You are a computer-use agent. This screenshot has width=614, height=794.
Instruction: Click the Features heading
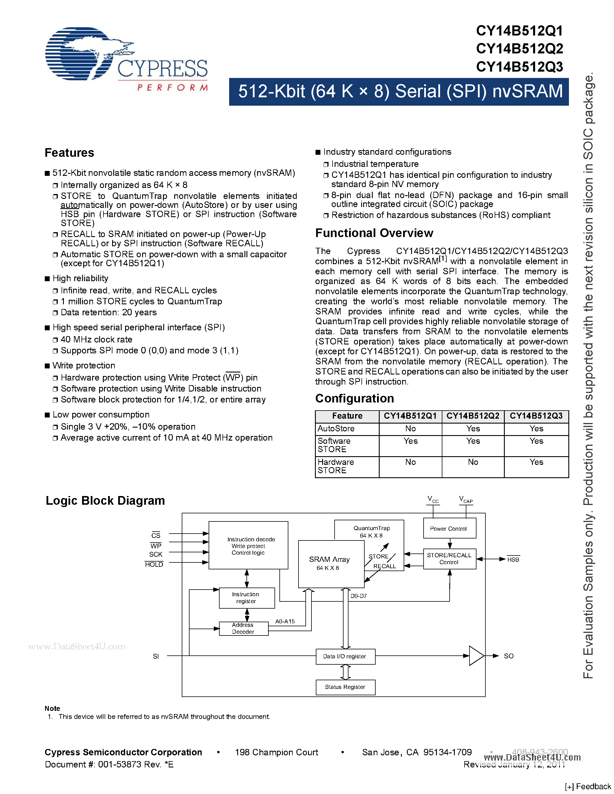(x=69, y=153)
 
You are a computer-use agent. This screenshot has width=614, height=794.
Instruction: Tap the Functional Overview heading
(x=374, y=233)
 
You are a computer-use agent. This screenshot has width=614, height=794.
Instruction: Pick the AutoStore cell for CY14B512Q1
(x=410, y=429)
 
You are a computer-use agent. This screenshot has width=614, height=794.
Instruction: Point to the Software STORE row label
(x=334, y=445)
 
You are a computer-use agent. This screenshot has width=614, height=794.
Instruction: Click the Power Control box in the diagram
(x=449, y=529)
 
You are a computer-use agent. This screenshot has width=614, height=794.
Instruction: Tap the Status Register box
(x=345, y=687)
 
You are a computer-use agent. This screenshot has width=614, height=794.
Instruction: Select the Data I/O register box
(x=345, y=656)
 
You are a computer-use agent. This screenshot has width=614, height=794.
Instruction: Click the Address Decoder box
(x=243, y=628)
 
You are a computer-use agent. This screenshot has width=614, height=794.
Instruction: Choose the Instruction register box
(x=246, y=598)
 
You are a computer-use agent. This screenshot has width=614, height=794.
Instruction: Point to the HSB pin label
(x=513, y=560)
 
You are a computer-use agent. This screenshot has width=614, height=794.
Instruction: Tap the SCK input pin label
(x=156, y=554)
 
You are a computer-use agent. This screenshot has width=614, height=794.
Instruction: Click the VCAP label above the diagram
(x=465, y=499)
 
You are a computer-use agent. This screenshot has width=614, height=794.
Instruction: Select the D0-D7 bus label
(x=358, y=596)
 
